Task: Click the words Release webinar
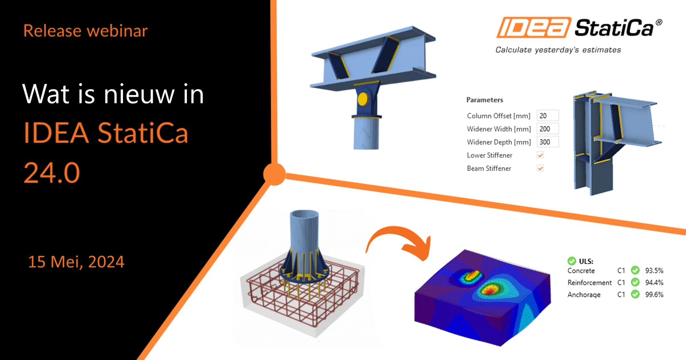click(85, 30)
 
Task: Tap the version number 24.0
click(52, 173)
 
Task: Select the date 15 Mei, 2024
click(76, 262)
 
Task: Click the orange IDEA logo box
click(534, 27)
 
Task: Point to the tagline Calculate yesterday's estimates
click(558, 50)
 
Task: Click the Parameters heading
click(484, 100)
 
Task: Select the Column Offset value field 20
click(548, 116)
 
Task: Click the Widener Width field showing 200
click(548, 129)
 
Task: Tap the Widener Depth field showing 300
click(548, 142)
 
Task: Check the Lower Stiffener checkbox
click(540, 155)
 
